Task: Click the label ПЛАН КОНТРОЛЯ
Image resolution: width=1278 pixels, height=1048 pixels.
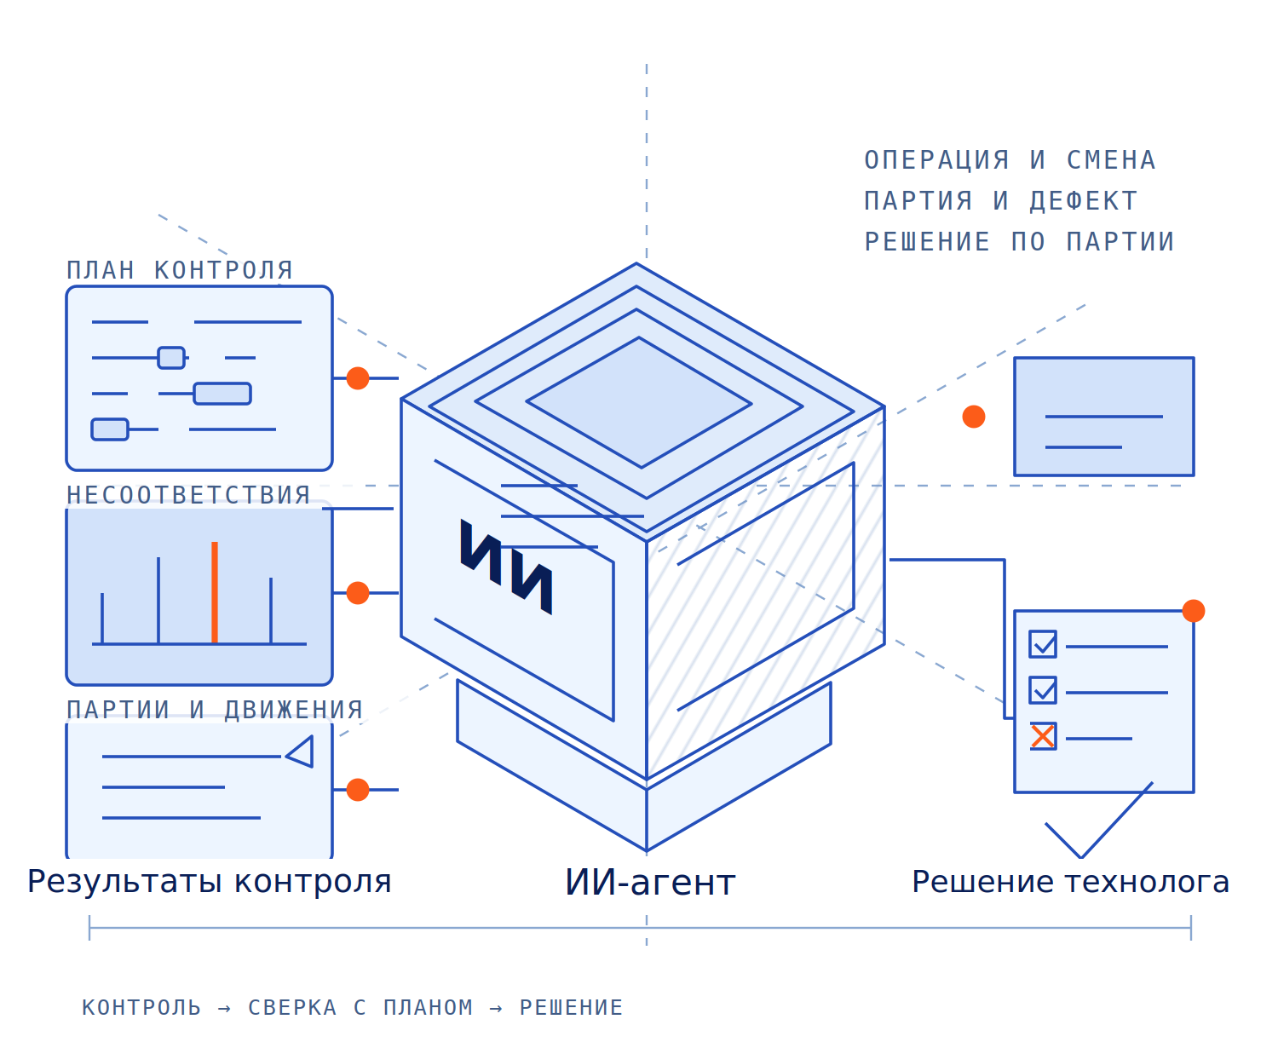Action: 180,270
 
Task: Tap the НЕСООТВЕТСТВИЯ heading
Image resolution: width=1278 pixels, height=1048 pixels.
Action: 187,494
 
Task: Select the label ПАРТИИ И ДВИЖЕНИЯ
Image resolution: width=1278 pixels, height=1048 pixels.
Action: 215,709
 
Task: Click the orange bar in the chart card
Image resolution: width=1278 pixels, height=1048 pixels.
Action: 214,591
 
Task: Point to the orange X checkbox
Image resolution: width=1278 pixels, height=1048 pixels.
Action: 1042,736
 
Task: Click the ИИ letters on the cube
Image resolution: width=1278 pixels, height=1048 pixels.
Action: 506,566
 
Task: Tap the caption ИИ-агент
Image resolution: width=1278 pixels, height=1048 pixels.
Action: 649,882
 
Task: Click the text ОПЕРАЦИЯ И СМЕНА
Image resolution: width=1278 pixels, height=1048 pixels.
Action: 1010,160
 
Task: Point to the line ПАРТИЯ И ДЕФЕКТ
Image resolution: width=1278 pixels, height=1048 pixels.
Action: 1000,200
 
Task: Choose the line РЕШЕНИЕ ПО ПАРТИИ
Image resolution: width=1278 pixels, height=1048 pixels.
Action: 1019,241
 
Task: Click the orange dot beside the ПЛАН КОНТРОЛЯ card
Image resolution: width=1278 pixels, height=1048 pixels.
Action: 358,378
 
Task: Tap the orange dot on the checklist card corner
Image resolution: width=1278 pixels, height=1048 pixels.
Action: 1193,610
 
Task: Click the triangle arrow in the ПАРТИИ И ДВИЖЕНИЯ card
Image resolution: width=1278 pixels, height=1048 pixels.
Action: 299,751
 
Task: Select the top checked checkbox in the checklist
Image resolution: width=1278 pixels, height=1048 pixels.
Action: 1042,644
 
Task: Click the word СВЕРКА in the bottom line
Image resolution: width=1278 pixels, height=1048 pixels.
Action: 292,1008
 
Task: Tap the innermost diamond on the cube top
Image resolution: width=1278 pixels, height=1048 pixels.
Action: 639,402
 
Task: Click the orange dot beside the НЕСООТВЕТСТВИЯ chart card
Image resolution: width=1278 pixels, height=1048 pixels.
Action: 358,593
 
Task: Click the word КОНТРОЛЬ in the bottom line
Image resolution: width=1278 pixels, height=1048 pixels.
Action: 141,1008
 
